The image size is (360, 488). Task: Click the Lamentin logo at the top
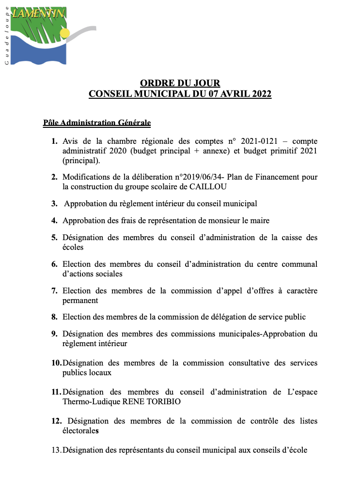click(x=48, y=34)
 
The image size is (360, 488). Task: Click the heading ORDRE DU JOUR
click(x=180, y=83)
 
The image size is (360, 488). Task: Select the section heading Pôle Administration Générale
click(x=97, y=122)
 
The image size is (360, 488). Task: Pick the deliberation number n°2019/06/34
click(x=204, y=177)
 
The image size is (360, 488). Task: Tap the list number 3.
click(x=54, y=204)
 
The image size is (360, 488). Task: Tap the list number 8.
click(x=54, y=317)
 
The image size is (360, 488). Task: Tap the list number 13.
click(x=56, y=450)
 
